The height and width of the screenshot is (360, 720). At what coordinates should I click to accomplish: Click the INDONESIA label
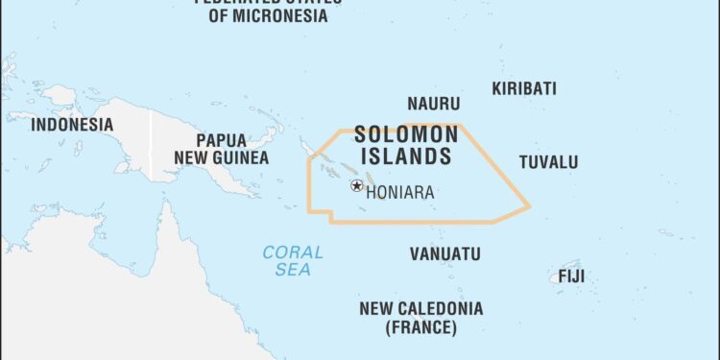pos(72,125)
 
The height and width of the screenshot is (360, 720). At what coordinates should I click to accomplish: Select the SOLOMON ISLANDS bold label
pos(402,145)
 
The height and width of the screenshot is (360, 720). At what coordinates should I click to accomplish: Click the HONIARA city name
pos(400,192)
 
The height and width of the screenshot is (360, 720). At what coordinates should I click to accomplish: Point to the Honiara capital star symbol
pos(357,185)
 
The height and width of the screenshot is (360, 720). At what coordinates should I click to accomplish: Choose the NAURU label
pos(433,104)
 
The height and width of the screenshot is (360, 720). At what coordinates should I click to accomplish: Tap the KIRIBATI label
pos(524,88)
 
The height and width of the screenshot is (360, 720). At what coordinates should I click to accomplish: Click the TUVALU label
pos(548,161)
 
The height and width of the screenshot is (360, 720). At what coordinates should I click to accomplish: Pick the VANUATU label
pos(444,254)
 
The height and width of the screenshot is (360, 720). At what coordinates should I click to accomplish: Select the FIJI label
pos(571,276)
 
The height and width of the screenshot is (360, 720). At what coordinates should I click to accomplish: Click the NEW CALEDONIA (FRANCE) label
pos(420,318)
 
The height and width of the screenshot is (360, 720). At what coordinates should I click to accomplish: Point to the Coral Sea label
pos(293,261)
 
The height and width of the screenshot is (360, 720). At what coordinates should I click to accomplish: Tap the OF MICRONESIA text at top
pos(268,16)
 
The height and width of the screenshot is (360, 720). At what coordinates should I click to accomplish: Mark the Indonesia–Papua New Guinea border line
pos(151,144)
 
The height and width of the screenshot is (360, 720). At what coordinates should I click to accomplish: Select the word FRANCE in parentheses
pos(420,328)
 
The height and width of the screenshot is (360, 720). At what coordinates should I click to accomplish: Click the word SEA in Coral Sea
pos(293,271)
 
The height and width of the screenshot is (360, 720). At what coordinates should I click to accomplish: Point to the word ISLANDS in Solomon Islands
pos(402,156)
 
